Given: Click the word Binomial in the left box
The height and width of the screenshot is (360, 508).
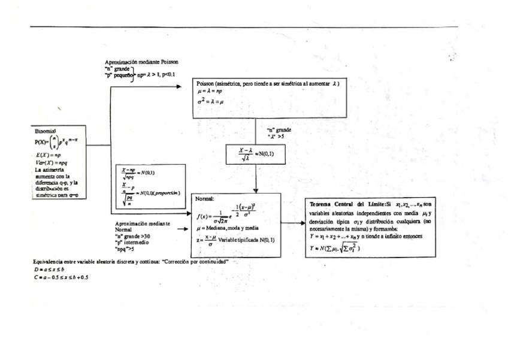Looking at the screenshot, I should click(x=45, y=131).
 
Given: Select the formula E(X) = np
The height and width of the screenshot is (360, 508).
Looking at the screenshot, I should click(x=46, y=155).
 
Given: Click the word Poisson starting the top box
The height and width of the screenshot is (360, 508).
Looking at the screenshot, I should click(x=206, y=84).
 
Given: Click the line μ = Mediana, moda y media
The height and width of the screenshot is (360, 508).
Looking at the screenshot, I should click(x=228, y=228).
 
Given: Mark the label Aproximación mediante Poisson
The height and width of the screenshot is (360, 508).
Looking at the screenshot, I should click(x=141, y=62).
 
